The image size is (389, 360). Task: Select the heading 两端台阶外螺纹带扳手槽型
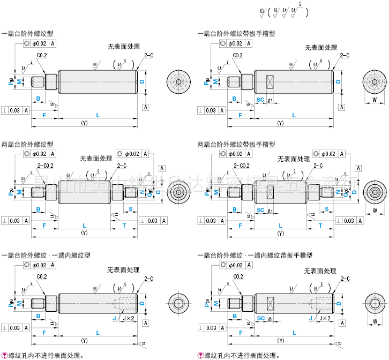click(x=236, y=144)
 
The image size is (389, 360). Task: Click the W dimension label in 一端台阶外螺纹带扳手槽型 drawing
click(x=375, y=100)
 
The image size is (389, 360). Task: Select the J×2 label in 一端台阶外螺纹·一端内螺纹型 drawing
click(x=129, y=318)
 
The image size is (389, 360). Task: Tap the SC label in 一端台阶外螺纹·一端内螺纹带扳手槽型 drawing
click(x=260, y=318)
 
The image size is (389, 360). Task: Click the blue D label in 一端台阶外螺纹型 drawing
click(x=142, y=81)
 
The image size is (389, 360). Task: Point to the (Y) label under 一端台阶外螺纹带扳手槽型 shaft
click(x=280, y=124)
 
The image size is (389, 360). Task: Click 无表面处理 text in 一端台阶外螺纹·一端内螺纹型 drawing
click(x=123, y=269)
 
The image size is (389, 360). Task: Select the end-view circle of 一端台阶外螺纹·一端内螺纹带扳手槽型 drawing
click(x=375, y=303)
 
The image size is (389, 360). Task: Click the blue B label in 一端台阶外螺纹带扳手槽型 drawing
click(x=234, y=99)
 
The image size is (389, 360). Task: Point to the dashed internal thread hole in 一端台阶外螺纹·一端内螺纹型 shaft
click(x=125, y=303)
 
